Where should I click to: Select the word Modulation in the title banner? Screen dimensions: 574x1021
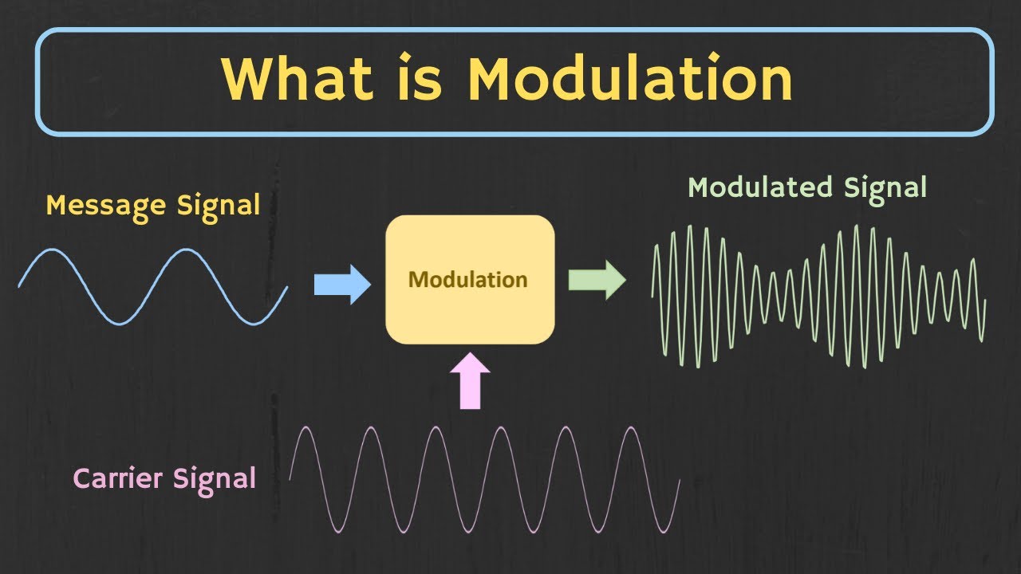click(x=630, y=79)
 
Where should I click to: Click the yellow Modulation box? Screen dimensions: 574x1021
click(x=470, y=279)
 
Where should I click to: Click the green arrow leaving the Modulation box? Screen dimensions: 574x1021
click(x=597, y=280)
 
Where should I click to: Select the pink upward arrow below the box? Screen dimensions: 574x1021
click(x=471, y=382)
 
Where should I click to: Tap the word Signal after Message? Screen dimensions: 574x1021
click(x=219, y=206)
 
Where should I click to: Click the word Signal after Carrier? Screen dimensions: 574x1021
click(x=219, y=478)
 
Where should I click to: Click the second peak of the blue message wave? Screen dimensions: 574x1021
click(x=187, y=250)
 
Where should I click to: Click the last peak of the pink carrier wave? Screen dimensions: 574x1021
click(x=631, y=428)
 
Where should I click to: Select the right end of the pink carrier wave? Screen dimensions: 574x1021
click(x=679, y=480)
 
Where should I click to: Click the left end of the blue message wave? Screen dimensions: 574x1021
click(x=19, y=285)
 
